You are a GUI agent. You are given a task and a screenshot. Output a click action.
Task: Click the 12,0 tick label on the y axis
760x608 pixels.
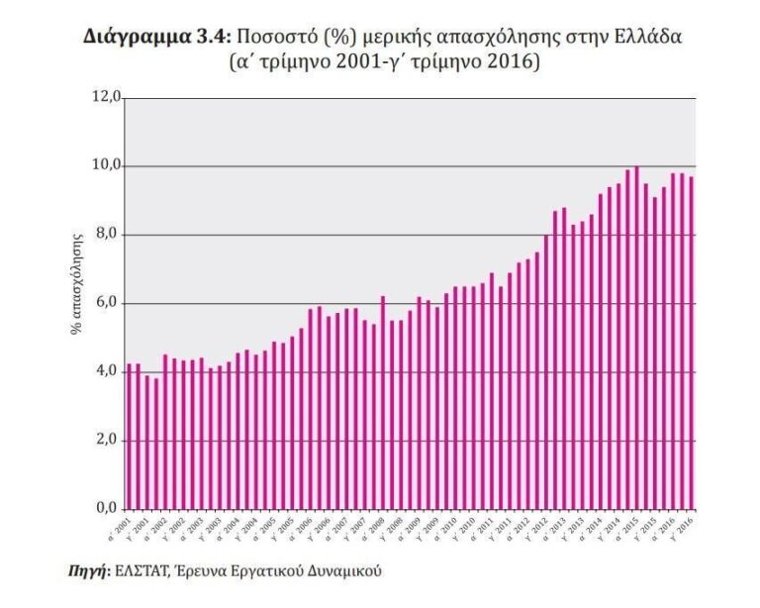point(106,97)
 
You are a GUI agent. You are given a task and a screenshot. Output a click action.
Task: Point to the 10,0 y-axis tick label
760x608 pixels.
point(106,165)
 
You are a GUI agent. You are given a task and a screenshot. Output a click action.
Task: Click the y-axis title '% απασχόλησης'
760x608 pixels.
point(76,285)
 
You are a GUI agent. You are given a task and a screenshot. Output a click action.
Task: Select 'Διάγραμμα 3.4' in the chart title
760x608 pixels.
point(155,37)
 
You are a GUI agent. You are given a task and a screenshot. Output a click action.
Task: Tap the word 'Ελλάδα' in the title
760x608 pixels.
point(650,37)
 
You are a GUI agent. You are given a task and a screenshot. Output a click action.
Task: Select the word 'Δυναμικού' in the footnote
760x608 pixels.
point(340,571)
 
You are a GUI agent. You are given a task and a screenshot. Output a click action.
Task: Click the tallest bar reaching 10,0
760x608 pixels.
point(636,338)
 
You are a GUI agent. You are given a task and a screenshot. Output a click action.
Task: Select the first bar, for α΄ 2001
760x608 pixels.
point(130,437)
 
